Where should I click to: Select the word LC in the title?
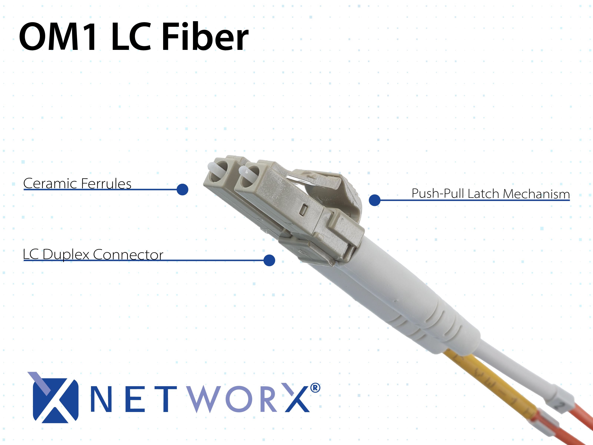[x=131, y=37]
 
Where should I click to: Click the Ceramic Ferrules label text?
[x=77, y=184]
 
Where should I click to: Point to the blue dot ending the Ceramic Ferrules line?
[x=183, y=189]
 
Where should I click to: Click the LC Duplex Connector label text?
[x=93, y=255]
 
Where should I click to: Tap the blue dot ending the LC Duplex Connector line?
[x=269, y=260]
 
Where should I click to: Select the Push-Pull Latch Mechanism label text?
[x=491, y=194]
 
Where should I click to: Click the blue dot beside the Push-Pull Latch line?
[x=375, y=200]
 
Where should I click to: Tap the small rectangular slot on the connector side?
[x=304, y=210]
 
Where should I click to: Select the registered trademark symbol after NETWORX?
[x=315, y=388]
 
